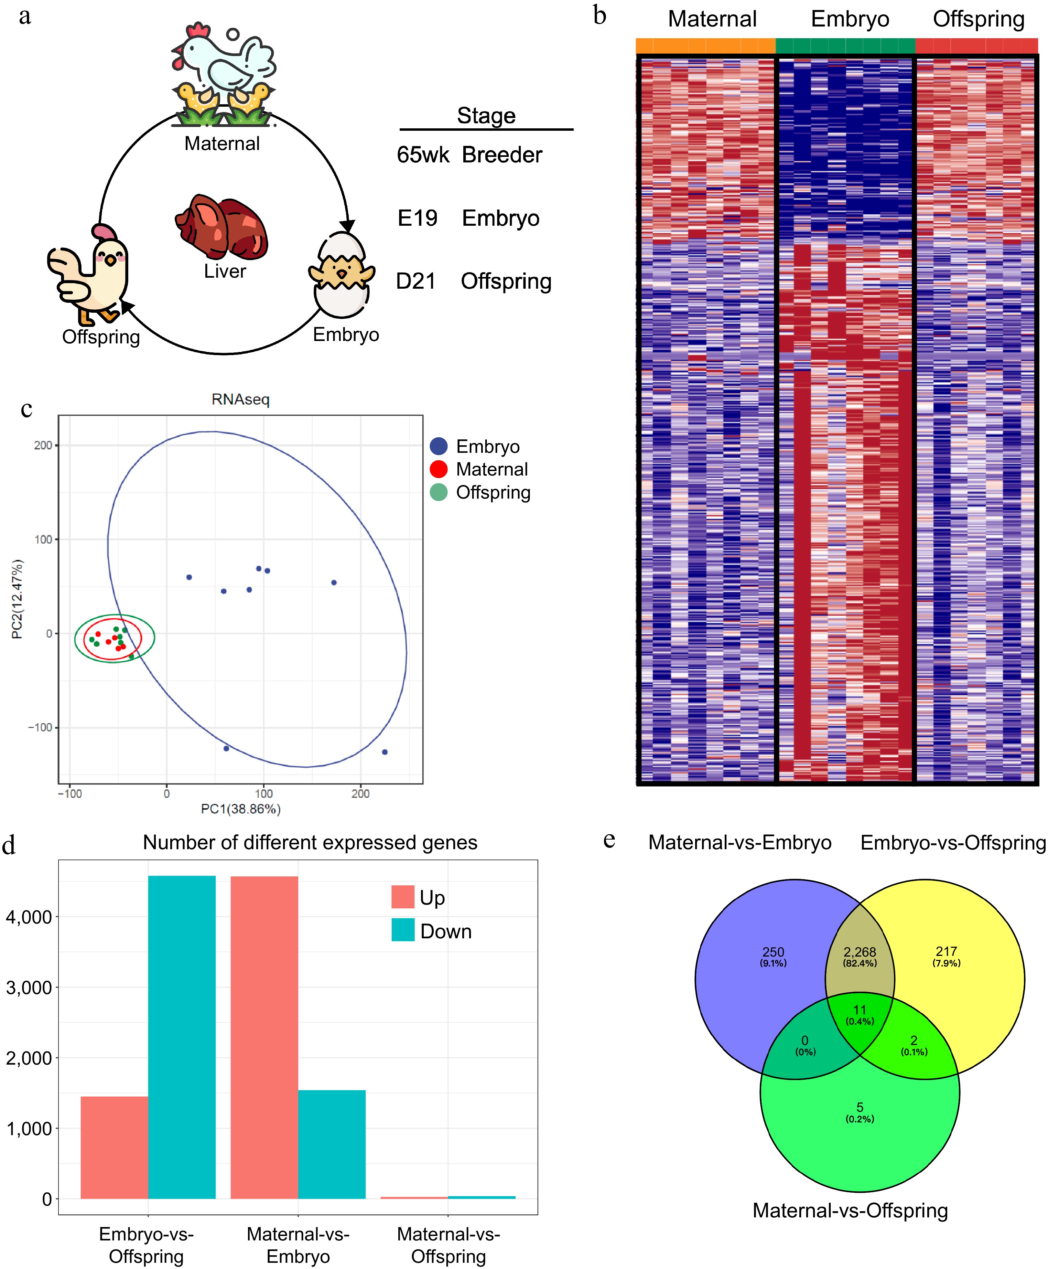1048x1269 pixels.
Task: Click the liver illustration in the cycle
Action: (x=222, y=226)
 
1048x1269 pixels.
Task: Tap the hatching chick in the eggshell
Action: (x=342, y=275)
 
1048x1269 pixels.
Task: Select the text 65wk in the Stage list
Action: (x=423, y=155)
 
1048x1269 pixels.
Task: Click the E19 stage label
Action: (x=417, y=218)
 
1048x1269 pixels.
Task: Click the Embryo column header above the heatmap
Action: (x=850, y=19)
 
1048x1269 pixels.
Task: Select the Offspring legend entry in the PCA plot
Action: (x=493, y=492)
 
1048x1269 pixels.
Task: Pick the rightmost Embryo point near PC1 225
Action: (x=385, y=752)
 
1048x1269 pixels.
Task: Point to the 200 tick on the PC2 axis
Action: (x=43, y=445)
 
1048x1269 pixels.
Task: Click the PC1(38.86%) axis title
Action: (x=240, y=809)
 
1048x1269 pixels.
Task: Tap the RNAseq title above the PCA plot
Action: (x=240, y=399)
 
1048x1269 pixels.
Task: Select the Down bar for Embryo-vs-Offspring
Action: (x=182, y=1036)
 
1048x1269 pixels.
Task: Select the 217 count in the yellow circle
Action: (x=946, y=951)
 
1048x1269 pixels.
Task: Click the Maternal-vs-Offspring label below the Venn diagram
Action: (x=850, y=1211)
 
